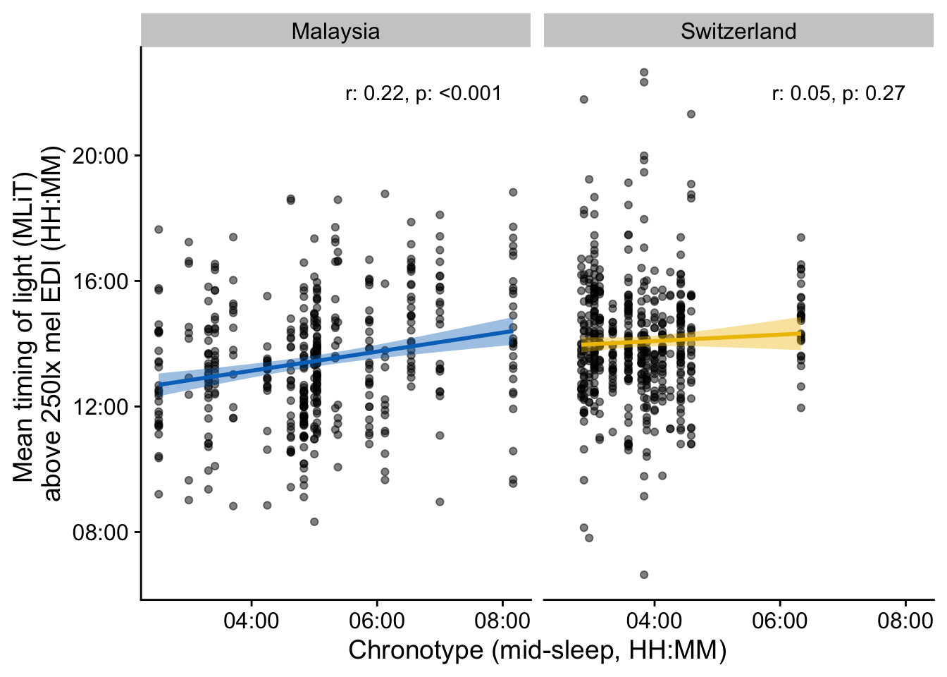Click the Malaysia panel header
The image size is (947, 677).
tap(335, 31)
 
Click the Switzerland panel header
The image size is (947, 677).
tap(738, 31)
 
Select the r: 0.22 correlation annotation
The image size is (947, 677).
tap(423, 94)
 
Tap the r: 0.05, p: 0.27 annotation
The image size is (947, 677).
tap(838, 94)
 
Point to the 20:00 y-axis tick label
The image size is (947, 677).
tap(101, 156)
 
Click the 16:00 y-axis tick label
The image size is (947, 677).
tap(101, 281)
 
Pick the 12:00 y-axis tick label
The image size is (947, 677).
tap(101, 407)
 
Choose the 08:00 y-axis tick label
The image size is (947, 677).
tap(101, 532)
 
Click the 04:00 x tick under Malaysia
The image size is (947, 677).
tap(251, 621)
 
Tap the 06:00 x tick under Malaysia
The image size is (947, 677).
tap(376, 621)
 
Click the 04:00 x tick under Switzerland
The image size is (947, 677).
tap(654, 621)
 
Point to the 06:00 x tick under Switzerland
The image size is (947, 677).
tap(779, 621)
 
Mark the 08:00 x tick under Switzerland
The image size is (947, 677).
tap(905, 621)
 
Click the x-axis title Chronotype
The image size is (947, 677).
tap(537, 650)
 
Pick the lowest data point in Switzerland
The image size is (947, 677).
tap(644, 575)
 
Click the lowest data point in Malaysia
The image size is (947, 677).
tap(314, 522)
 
